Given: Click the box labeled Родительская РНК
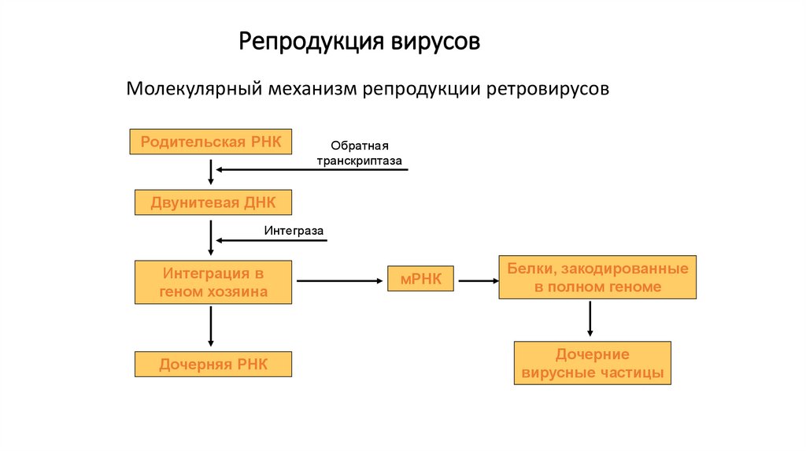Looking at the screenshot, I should (211, 143).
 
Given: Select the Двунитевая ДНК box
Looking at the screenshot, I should (213, 202).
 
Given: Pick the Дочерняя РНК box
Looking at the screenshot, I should (213, 365).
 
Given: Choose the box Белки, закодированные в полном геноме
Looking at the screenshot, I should (597, 278).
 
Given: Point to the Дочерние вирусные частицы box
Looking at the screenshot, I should (593, 363).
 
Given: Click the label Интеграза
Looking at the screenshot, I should (294, 231).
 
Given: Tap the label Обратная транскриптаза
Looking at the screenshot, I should (360, 154).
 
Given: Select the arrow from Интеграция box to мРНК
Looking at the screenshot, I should (338, 280).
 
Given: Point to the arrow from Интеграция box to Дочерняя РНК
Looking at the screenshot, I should (211, 326).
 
